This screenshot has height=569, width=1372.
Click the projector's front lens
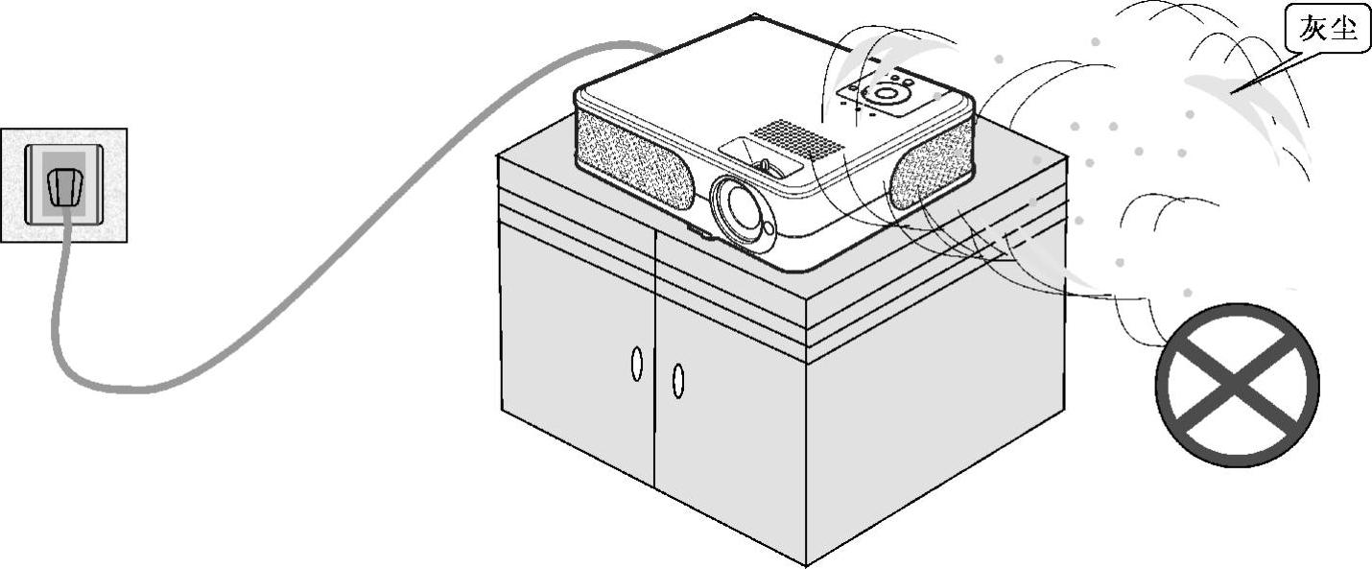(742, 208)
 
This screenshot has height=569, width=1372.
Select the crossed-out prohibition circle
(1237, 385)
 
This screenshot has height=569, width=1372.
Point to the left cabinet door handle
(636, 365)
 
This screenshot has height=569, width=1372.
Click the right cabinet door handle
(677, 381)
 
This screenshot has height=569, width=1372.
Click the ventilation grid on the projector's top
(795, 138)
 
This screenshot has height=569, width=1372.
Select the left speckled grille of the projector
(634, 158)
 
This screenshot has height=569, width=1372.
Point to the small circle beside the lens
(768, 228)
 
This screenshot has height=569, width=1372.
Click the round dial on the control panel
(886, 94)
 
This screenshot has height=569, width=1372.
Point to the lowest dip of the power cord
(115, 388)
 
